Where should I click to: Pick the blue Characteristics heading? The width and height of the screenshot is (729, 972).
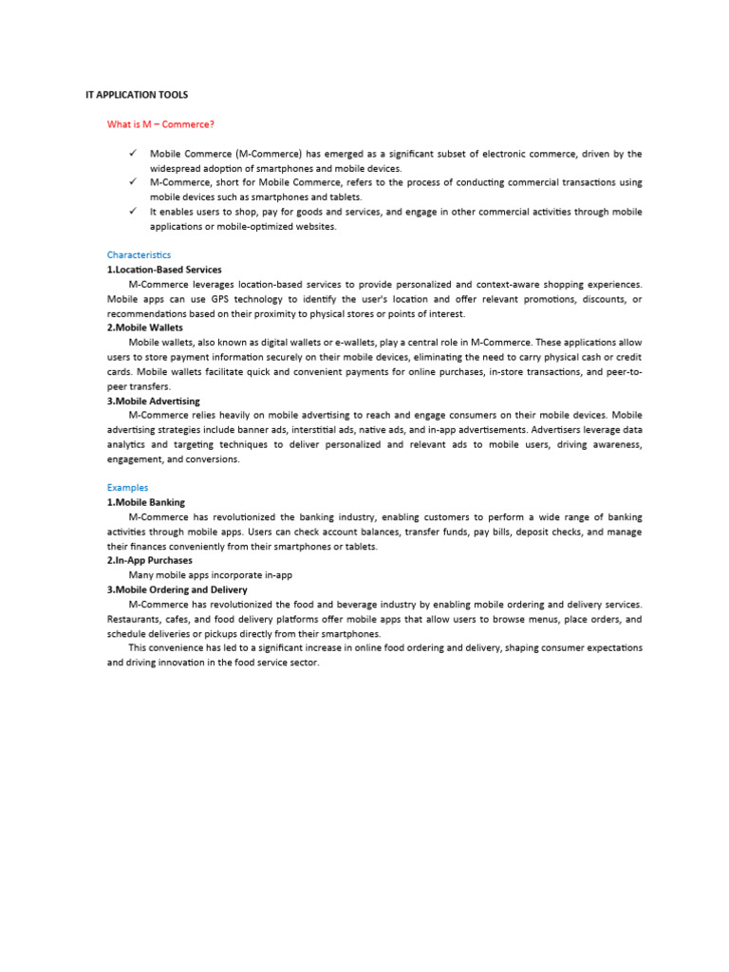pyautogui.click(x=139, y=254)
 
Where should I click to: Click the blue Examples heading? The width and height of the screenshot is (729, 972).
pyautogui.click(x=127, y=488)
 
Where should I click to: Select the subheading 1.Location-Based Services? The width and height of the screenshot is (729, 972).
pyautogui.click(x=163, y=270)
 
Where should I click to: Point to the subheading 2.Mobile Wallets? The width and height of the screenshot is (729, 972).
pyautogui.click(x=144, y=327)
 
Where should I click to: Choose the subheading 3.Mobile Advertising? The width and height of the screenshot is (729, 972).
pyautogui.click(x=153, y=401)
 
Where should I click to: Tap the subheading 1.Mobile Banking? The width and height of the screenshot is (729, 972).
pyautogui.click(x=145, y=502)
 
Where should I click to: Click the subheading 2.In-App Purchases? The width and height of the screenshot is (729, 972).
pyautogui.click(x=149, y=560)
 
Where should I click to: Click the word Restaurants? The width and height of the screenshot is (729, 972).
pyautogui.click(x=134, y=619)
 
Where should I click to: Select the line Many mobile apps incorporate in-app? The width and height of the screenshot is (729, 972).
pyautogui.click(x=210, y=575)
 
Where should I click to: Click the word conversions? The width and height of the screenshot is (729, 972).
pyautogui.click(x=215, y=458)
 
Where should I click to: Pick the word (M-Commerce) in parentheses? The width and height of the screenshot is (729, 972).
pyautogui.click(x=265, y=153)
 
